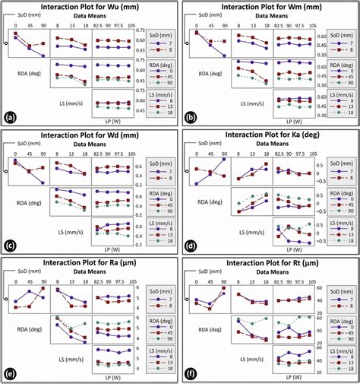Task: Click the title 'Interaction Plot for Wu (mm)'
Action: point(89,7)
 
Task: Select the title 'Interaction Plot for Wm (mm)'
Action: point(270,7)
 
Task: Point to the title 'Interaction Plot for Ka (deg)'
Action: point(270,135)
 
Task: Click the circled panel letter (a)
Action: point(10,118)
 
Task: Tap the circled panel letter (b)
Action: point(190,118)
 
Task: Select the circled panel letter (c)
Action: point(10,246)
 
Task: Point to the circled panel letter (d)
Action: point(190,246)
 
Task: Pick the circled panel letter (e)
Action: point(10,374)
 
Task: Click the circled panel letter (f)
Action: point(190,374)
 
